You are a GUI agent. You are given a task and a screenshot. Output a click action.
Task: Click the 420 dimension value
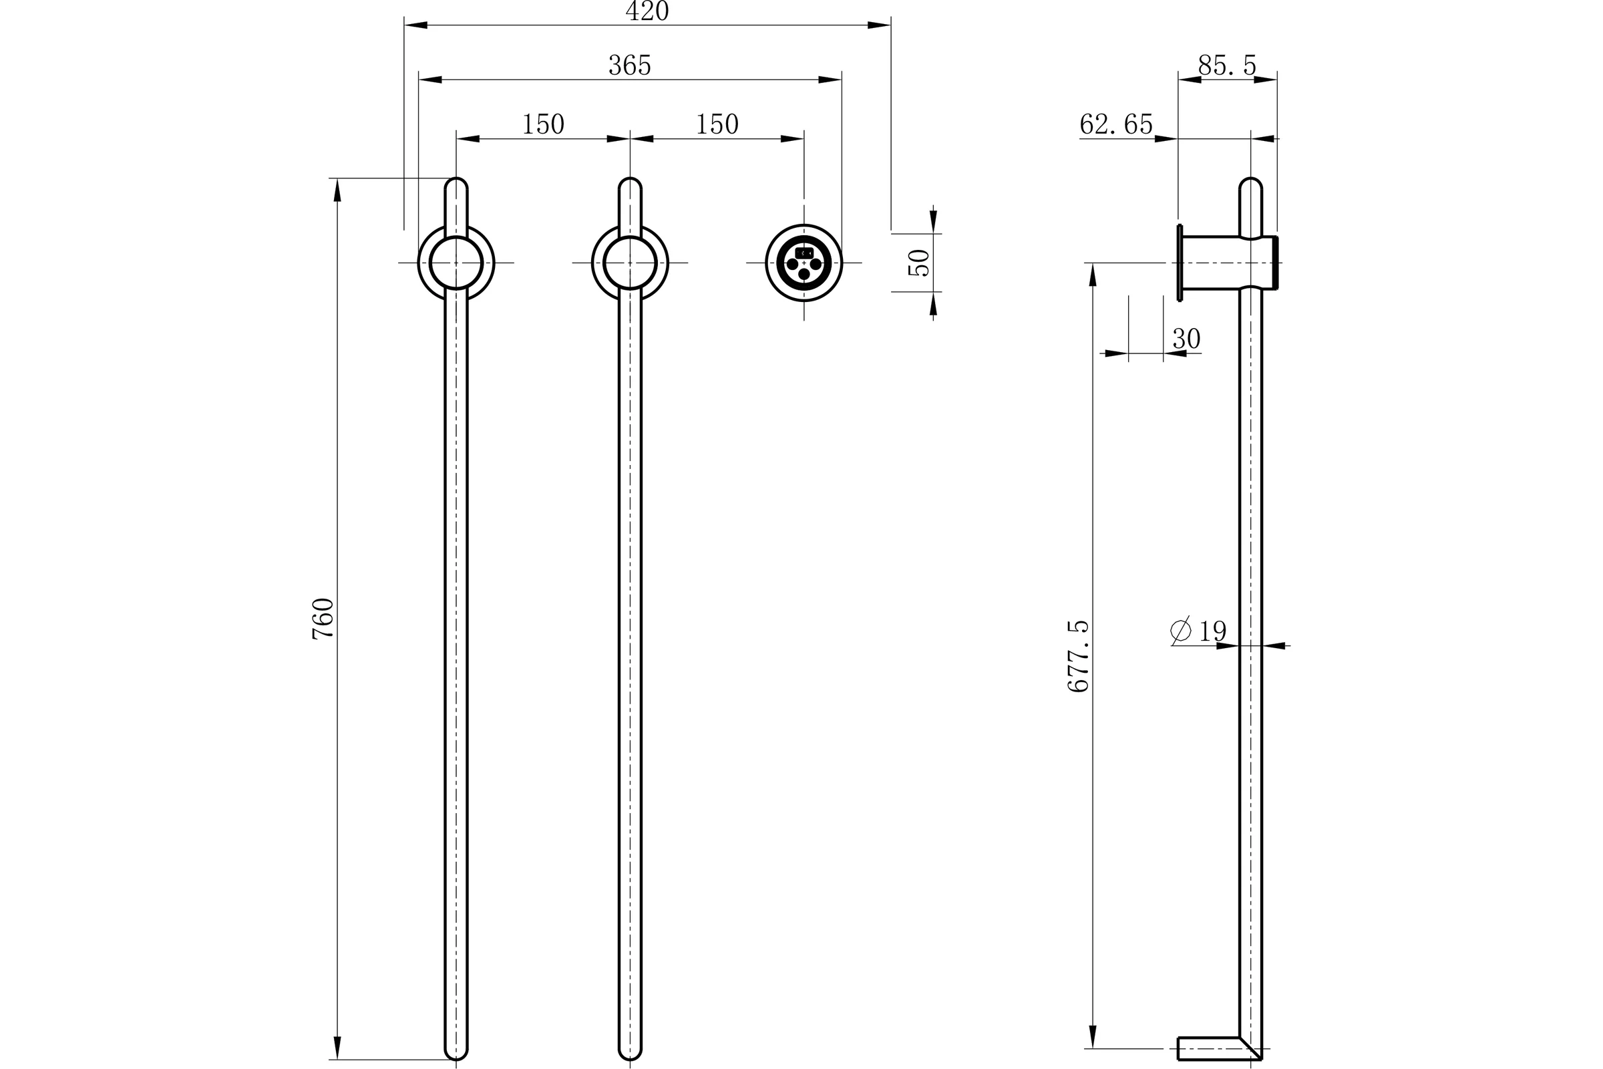click(647, 11)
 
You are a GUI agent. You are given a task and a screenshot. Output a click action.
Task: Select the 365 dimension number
click(630, 65)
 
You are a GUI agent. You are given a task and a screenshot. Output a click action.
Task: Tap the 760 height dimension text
click(323, 619)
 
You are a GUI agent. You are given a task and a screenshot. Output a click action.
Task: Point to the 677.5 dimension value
click(1078, 656)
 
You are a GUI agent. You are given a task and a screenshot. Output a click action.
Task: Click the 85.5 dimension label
click(1227, 65)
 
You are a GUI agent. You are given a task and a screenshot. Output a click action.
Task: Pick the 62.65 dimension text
click(1116, 124)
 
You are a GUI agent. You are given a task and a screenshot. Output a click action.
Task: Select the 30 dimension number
click(1187, 338)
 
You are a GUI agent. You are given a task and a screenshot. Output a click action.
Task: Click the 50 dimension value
click(920, 263)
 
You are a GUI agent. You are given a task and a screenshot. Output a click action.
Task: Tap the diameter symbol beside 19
click(1180, 630)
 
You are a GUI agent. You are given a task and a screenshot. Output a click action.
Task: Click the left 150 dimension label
click(543, 124)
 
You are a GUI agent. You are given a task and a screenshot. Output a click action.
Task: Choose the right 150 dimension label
click(717, 124)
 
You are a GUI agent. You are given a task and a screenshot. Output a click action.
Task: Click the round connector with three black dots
click(804, 263)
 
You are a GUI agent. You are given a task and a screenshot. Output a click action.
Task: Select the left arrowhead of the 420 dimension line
click(415, 25)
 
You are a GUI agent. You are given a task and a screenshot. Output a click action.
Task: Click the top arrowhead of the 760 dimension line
click(337, 190)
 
